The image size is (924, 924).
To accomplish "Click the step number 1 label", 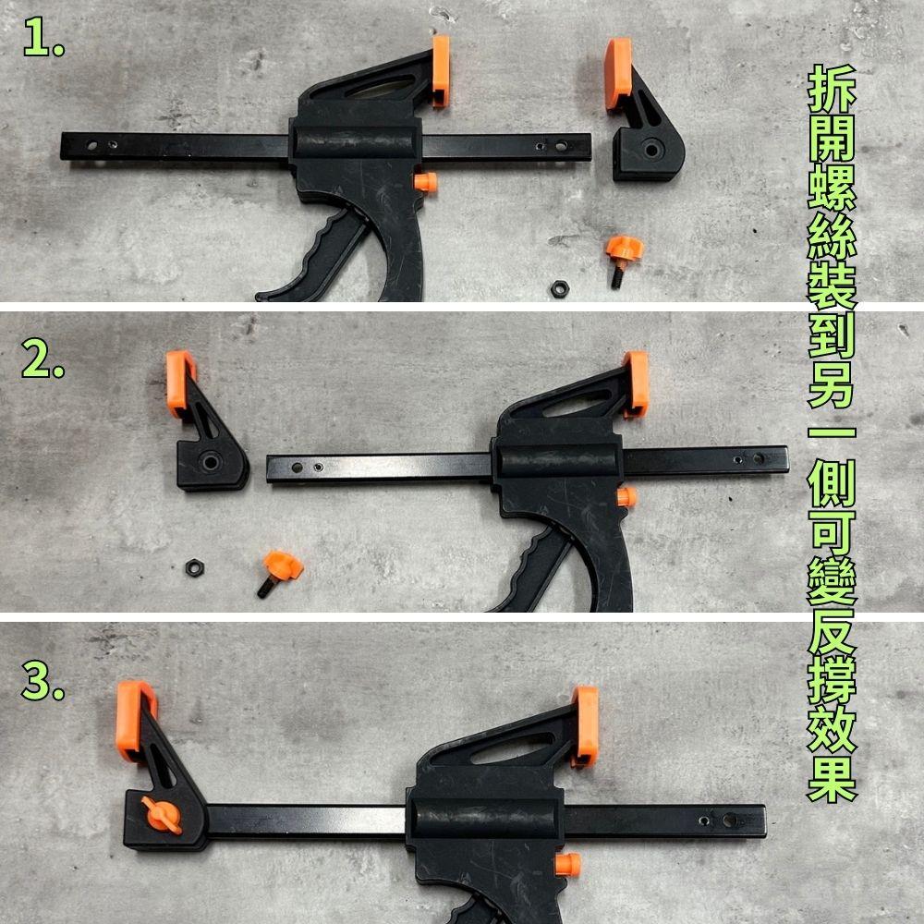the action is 43,38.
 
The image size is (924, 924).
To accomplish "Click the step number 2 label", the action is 43,359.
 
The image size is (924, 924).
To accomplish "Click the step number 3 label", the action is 43,680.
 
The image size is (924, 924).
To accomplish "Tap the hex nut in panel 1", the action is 559,288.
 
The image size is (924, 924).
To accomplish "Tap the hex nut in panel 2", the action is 194,568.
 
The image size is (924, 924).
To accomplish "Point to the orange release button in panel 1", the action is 425,182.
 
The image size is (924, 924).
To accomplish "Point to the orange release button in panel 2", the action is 627,497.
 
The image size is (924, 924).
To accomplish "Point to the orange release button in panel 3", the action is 568,865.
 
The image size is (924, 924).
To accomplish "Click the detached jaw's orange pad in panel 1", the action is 618,73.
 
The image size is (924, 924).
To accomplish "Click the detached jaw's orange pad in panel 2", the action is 179,383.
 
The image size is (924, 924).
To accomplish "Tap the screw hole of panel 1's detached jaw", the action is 651,150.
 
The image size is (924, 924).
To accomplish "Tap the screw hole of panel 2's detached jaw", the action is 210,462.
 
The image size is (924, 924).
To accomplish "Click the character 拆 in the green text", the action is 832,89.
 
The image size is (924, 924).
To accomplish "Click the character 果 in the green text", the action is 832,777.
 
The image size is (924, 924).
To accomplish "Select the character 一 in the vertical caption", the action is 832,432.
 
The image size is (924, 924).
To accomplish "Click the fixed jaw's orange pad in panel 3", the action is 585,726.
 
